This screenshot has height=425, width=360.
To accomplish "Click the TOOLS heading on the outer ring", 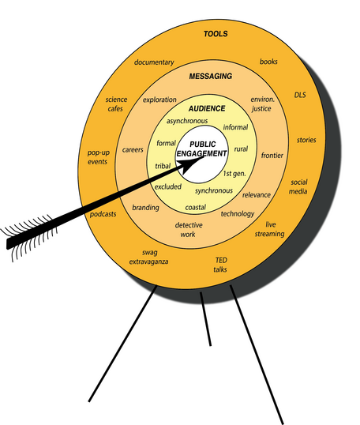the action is click(216, 34).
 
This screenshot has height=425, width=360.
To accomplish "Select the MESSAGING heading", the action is click(211, 76).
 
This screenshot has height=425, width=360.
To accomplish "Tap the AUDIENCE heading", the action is click(207, 109).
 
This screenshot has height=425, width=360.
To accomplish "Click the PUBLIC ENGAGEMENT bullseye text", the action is click(202, 149).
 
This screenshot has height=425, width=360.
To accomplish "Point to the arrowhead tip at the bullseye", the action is click(204, 156).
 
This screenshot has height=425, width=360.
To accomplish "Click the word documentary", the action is click(154, 62).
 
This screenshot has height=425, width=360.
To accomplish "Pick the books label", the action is click(268, 62).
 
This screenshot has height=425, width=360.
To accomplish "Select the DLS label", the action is click(300, 95).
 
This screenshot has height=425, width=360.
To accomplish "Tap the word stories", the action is click(306, 140).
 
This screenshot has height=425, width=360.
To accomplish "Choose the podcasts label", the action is click(103, 214).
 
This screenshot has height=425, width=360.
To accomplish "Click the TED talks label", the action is click(220, 265).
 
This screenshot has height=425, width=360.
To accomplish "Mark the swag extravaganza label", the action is click(148, 257).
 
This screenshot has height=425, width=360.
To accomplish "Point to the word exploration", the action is click(159, 100).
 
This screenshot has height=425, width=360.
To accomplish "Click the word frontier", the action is click(272, 156).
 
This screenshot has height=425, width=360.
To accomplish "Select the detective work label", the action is click(189, 230).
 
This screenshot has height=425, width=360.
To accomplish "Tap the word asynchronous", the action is click(187, 121).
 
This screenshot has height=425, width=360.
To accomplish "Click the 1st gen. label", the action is click(234, 174).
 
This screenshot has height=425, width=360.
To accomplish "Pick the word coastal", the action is click(195, 207).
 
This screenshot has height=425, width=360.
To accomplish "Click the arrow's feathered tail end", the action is click(9, 243).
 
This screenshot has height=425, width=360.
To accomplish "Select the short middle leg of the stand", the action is click(205, 319).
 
